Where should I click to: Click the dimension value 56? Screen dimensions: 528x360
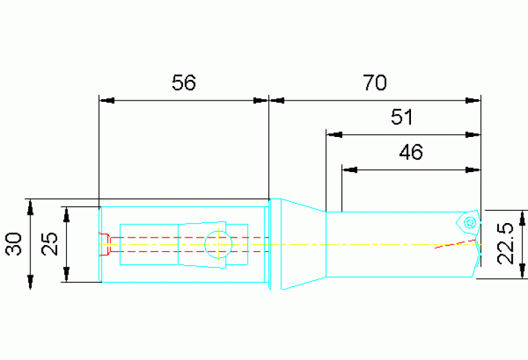(184, 83)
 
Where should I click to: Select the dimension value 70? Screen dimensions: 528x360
(374, 83)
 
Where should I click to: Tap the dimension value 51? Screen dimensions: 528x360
(402, 117)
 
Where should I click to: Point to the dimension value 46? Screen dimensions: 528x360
(411, 152)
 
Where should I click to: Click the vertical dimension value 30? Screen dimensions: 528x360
(14, 244)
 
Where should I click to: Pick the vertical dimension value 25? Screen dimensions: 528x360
(50, 244)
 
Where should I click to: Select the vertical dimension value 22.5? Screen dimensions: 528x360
(505, 244)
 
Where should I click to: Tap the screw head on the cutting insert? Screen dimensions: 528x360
(469, 222)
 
